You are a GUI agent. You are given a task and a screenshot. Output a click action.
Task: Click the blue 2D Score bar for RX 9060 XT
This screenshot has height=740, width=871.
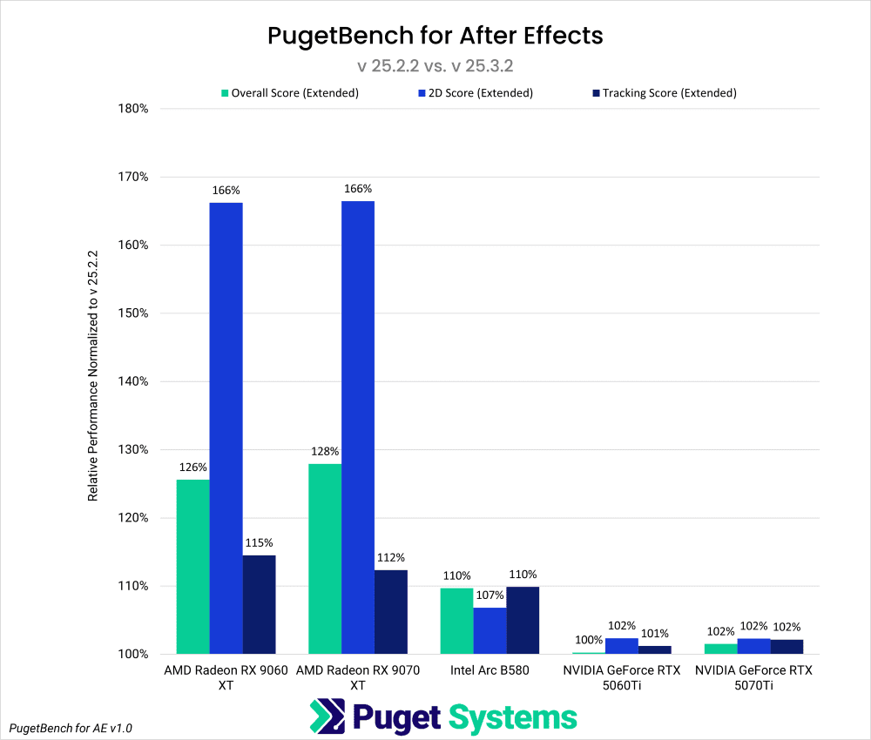pos(226,427)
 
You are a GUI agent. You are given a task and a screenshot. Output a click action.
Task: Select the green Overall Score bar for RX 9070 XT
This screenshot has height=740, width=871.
pos(324,558)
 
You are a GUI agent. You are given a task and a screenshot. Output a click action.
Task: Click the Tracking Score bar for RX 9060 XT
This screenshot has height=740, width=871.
pos(259,604)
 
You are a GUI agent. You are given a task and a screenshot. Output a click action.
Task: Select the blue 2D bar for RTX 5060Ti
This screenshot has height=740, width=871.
pos(622,646)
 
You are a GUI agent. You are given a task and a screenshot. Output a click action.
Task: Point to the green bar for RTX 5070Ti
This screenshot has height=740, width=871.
pos(720,649)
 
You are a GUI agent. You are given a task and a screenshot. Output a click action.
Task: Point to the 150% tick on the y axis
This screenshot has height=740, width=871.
pos(133,313)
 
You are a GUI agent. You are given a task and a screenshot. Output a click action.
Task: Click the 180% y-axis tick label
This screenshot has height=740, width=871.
pos(133,109)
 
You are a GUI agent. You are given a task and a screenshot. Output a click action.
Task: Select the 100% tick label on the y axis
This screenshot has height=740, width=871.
pos(133,654)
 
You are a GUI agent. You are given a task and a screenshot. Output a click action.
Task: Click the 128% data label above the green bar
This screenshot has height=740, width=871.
pos(325,452)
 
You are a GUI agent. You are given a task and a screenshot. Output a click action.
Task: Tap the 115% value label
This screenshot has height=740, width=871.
pos(259,543)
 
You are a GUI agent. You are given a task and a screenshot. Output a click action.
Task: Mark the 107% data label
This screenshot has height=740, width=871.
pos(490,595)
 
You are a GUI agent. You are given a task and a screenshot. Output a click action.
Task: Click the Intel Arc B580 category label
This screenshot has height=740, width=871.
pos(490,671)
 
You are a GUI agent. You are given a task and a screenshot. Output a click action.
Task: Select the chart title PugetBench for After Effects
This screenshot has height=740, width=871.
pos(435,37)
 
